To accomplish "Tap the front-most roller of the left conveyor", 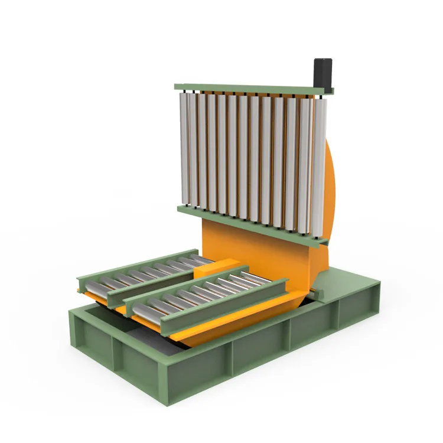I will pyautogui.click(x=95, y=286).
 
